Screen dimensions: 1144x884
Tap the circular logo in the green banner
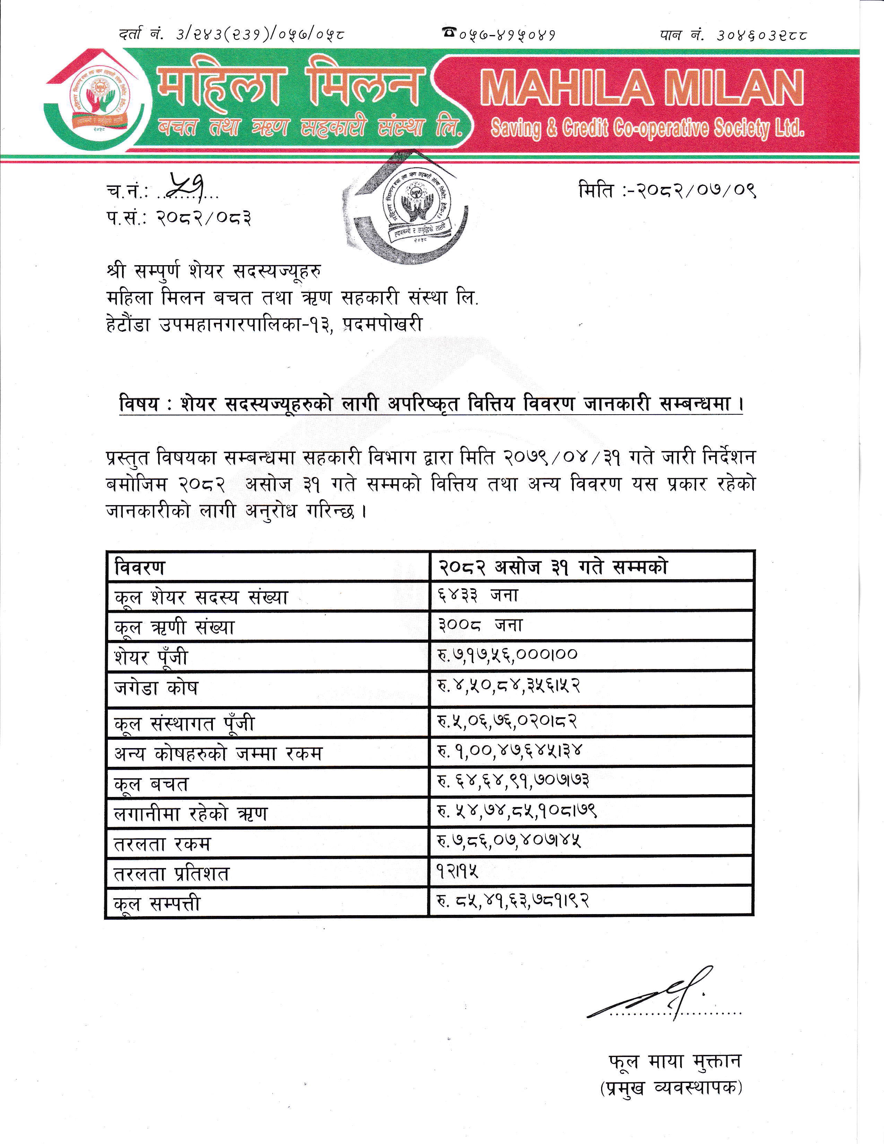[99, 101]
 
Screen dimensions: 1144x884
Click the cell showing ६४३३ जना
[478, 596]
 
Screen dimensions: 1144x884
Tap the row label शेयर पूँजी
[151, 657]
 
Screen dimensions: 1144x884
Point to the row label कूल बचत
[151, 783]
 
